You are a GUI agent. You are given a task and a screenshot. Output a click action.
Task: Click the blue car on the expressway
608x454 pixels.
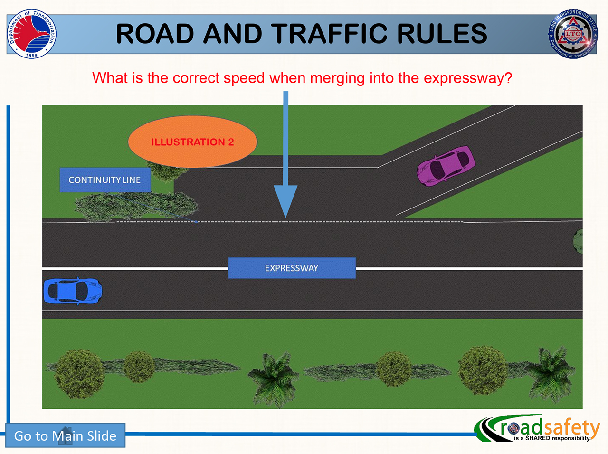pos(73,291)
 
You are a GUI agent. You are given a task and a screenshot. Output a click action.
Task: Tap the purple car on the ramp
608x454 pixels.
pos(446,165)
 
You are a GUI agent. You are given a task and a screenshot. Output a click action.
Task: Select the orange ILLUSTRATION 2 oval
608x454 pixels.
pos(192,142)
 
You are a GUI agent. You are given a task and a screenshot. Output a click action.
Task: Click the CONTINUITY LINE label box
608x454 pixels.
pos(105,180)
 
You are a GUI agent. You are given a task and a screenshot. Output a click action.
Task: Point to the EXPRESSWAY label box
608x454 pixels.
pos(292,268)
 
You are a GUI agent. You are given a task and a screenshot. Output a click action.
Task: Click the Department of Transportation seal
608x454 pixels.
pos(32,34)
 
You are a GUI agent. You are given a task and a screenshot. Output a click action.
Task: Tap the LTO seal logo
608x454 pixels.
pos(573,34)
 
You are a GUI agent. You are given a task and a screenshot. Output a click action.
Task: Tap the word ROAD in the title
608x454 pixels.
pos(155,34)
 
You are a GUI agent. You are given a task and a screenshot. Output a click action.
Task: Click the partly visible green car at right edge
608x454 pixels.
pos(578,241)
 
